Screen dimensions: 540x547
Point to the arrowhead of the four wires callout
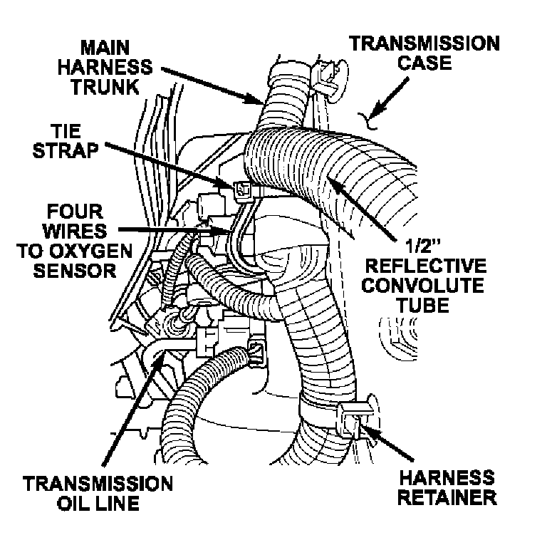[x=229, y=231]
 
